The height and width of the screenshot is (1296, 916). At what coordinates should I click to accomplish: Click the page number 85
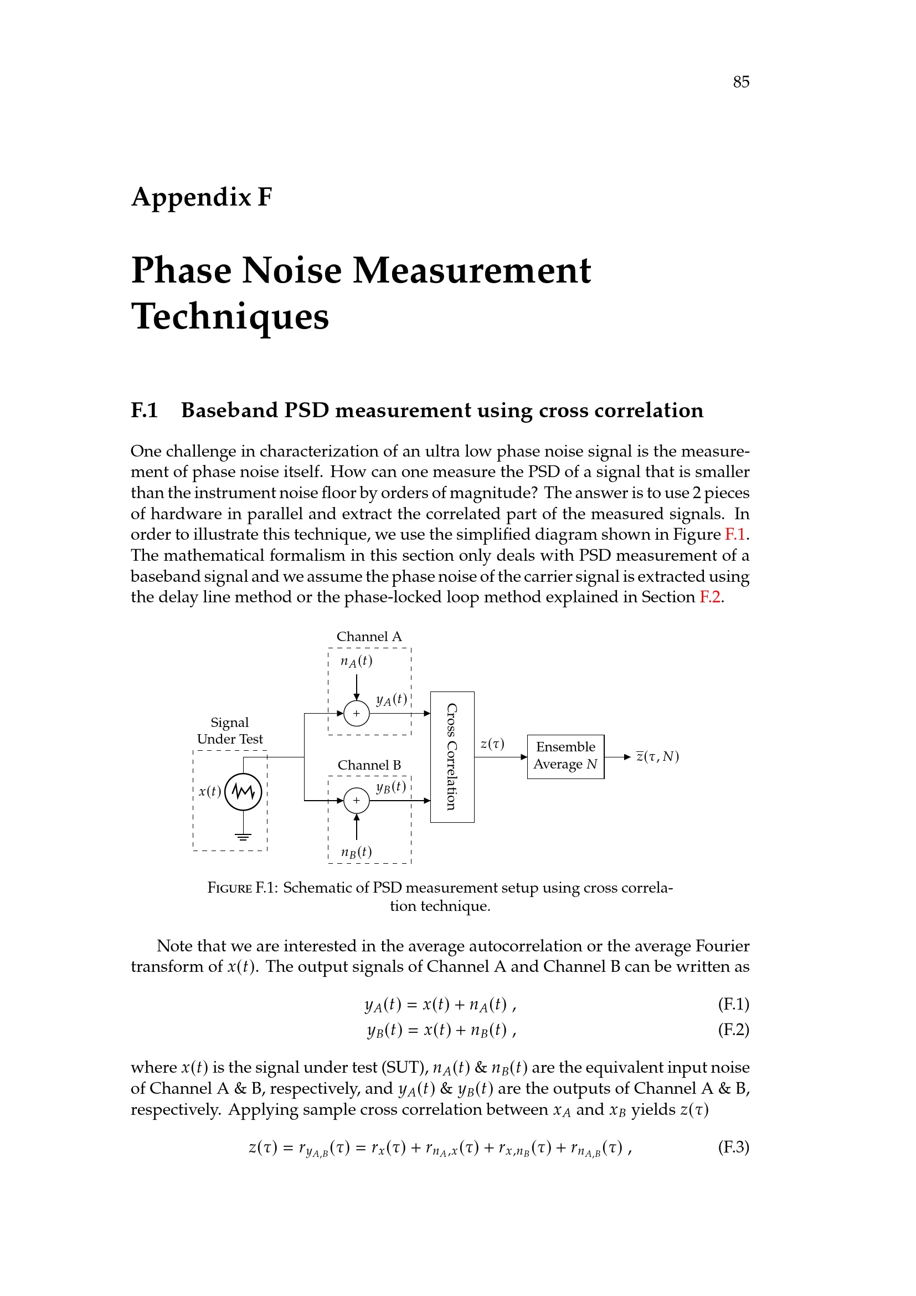[740, 83]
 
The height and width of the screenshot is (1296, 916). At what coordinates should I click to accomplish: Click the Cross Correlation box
[452, 756]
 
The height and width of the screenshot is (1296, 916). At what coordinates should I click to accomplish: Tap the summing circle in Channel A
[356, 713]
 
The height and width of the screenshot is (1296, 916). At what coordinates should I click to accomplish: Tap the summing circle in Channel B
[356, 800]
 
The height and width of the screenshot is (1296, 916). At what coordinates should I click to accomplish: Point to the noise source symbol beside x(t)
[243, 792]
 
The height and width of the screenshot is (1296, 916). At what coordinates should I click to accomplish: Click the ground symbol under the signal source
[243, 837]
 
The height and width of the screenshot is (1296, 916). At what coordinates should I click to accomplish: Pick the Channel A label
[369, 637]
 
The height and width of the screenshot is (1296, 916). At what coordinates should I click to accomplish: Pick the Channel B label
[369, 765]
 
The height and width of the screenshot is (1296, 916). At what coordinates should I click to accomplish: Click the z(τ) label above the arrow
[492, 744]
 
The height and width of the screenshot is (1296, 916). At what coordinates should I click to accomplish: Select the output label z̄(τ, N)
[657, 756]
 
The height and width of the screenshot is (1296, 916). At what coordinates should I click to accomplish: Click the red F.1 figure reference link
[735, 535]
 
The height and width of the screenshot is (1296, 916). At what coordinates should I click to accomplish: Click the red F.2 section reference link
[710, 597]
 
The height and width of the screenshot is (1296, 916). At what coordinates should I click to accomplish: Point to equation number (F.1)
[733, 1004]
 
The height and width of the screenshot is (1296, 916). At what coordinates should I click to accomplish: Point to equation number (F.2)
[733, 1030]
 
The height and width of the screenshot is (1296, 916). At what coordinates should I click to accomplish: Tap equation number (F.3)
[733, 1148]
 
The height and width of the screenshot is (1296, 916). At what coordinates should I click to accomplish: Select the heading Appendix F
[202, 197]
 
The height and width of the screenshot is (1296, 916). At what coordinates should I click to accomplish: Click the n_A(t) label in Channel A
[356, 661]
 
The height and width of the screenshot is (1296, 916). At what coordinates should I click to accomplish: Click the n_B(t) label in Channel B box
[356, 852]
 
